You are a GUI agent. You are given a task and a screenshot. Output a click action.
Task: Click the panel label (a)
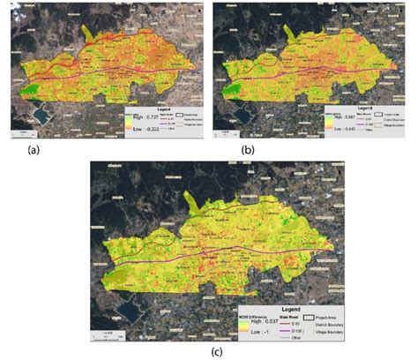(x=34, y=151)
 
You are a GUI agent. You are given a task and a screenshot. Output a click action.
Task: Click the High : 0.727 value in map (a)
(x=147, y=116)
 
